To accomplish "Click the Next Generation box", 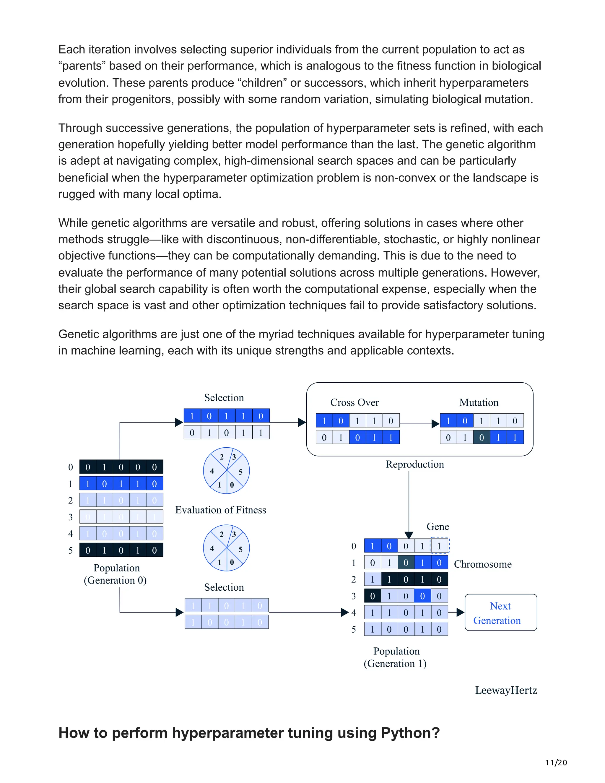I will tap(500, 613).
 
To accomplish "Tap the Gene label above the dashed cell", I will tap(438, 527).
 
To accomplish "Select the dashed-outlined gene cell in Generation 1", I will tap(439, 546).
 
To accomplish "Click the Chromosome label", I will tap(482, 564).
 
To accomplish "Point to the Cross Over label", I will tap(354, 403).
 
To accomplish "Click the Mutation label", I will tap(479, 403).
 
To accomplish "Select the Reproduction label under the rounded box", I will tap(415, 464).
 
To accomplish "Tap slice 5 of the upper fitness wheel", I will tap(240, 472).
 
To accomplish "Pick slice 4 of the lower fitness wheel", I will tap(212, 548).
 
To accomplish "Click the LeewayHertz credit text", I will tap(506, 690).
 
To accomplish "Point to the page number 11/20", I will tap(556, 763).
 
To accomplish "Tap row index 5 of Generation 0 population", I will tap(71, 550).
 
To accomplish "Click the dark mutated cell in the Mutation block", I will tap(481, 437).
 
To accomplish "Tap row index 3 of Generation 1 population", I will tap(354, 596).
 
